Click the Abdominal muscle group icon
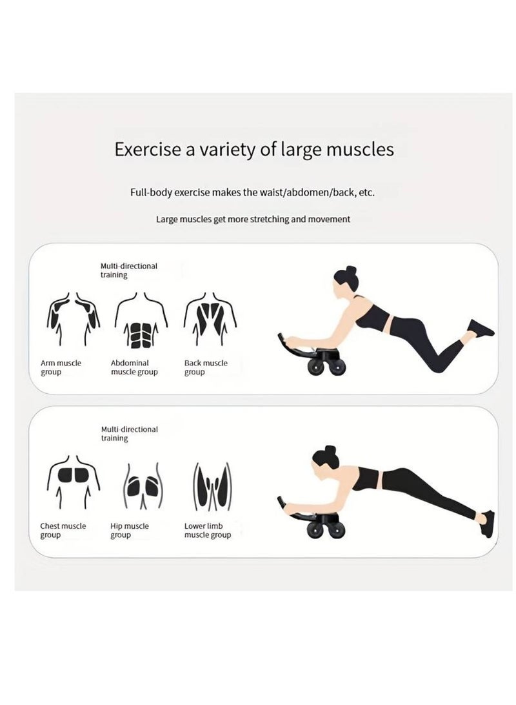(x=141, y=321)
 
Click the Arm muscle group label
(x=61, y=367)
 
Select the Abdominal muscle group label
(x=134, y=367)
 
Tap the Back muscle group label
(x=206, y=367)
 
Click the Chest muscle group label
(x=63, y=531)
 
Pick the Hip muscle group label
(x=129, y=531)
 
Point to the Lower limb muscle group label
(x=207, y=531)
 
